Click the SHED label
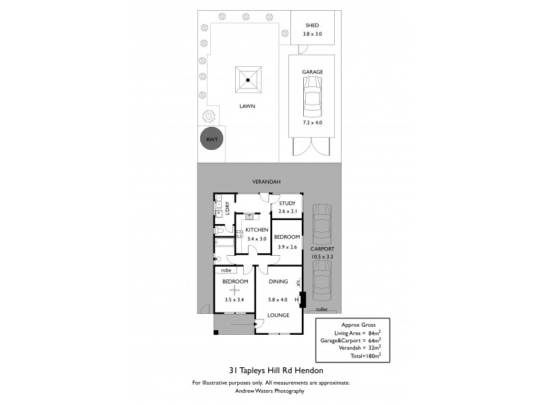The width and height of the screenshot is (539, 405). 311,25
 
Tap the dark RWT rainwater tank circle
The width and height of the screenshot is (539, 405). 212,140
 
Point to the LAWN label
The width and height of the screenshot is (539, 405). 247,106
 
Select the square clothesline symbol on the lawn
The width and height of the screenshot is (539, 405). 248,81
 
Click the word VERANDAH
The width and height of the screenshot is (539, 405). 266,182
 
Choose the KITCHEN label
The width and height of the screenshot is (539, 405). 257,230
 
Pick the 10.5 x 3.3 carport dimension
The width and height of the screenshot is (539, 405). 322,257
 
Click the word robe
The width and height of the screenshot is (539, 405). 226,270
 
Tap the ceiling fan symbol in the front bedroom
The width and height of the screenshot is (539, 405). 235,290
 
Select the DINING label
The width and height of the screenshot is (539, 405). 278,281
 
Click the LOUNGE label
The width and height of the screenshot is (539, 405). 278,315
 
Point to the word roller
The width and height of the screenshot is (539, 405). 321,309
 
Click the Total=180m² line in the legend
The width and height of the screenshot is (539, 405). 365,354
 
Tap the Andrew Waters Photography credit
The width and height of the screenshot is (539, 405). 269,391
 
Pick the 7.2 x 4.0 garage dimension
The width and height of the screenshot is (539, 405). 312,122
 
